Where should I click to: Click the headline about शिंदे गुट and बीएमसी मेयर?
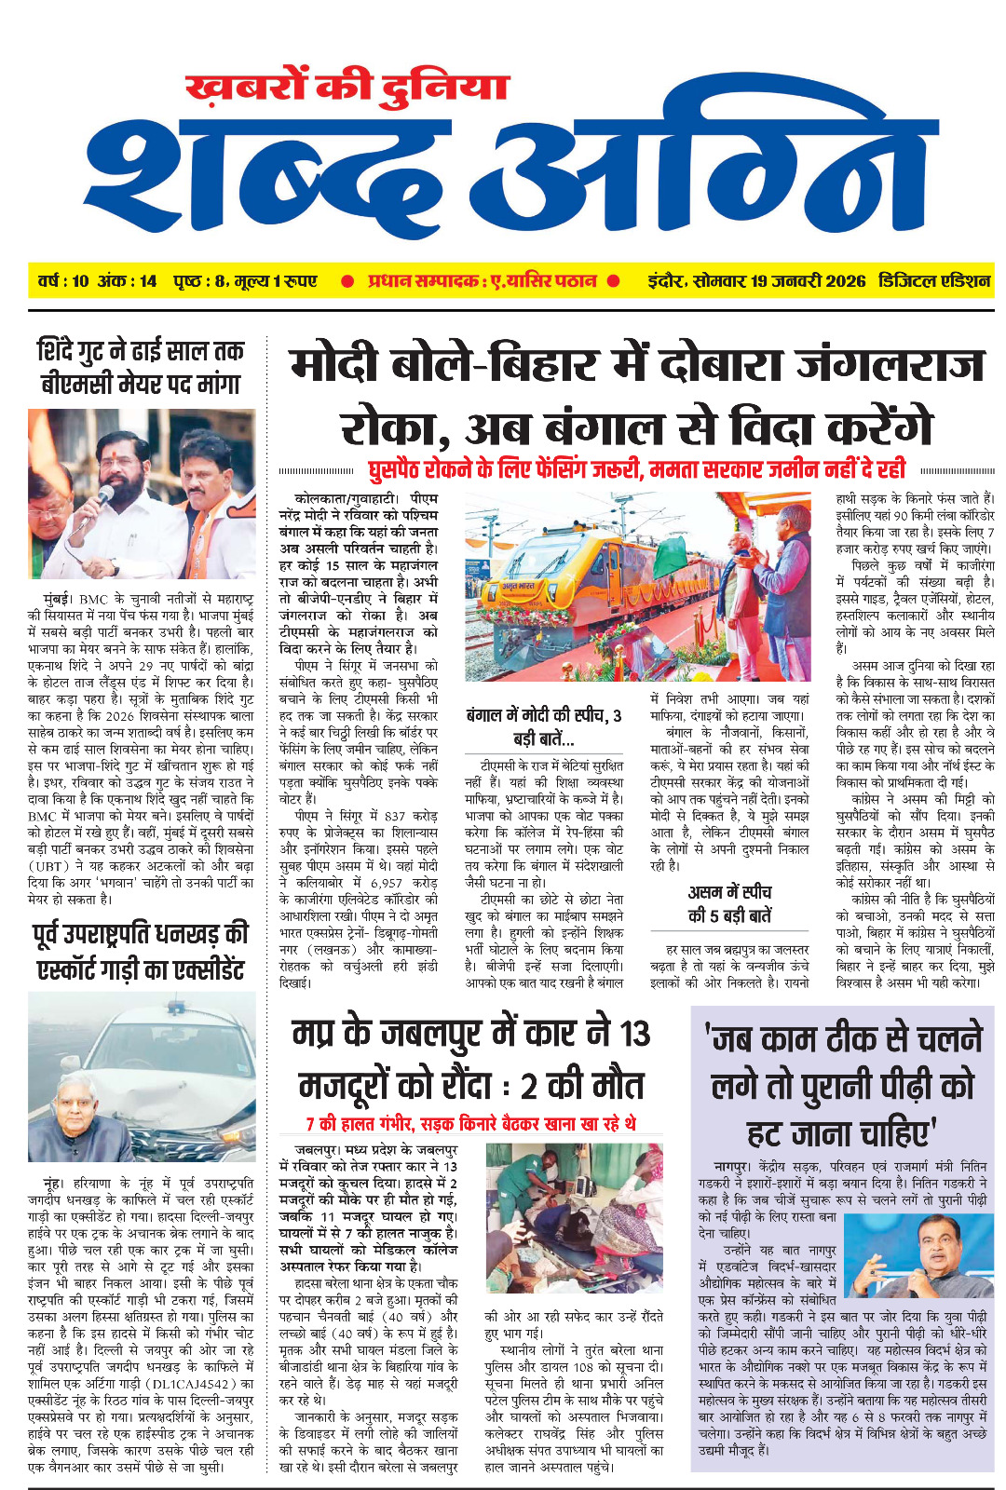point(141,368)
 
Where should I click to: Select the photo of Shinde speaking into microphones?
point(142,494)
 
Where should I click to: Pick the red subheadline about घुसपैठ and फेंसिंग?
point(636,468)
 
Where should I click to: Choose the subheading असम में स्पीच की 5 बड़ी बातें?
point(729,903)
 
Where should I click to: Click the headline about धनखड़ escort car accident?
point(142,952)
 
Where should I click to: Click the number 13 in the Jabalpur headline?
point(634,1034)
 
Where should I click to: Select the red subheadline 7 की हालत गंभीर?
point(471,1124)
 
